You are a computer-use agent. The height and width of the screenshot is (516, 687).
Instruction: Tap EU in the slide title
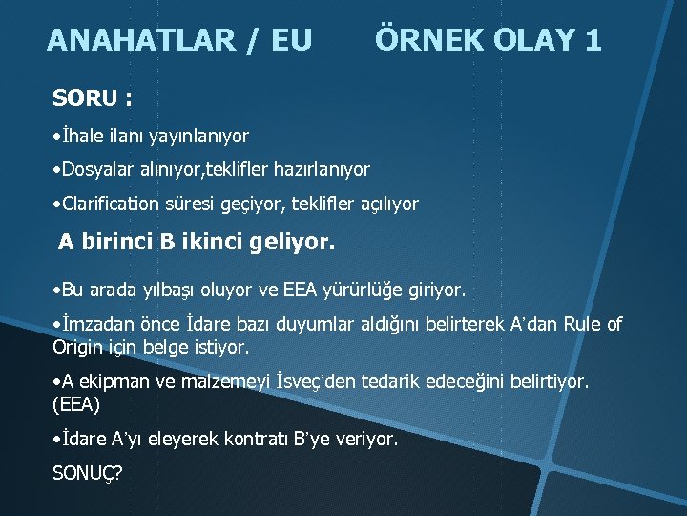click(x=291, y=41)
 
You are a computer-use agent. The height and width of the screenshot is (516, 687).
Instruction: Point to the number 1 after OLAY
click(x=593, y=40)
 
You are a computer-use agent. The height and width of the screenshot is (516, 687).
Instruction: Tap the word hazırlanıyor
click(x=322, y=170)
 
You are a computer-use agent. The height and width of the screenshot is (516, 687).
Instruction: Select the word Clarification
click(x=114, y=204)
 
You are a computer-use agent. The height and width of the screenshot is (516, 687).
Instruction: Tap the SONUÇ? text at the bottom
click(x=92, y=473)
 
